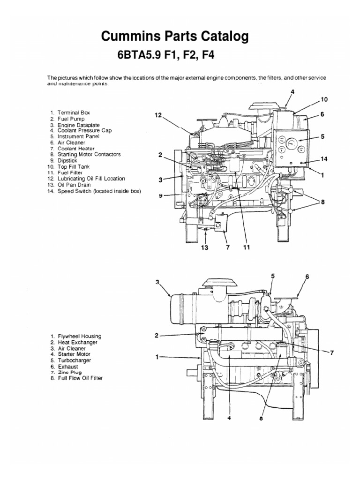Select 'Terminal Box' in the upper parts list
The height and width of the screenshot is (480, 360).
point(74,113)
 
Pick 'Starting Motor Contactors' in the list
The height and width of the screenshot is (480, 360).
point(89,154)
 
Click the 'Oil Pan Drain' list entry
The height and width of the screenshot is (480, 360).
point(74,185)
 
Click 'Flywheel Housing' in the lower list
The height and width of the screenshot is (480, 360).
point(79,337)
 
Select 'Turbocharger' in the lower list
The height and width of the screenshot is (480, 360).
point(74,360)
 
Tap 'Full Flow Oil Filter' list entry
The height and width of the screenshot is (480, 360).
point(80,378)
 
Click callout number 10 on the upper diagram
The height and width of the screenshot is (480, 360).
point(324,99)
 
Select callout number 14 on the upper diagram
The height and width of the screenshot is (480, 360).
point(323,159)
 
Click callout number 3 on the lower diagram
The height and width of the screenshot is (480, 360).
point(157,282)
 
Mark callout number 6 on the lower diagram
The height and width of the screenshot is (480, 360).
point(307,277)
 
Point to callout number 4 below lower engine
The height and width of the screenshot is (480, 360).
point(230,419)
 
